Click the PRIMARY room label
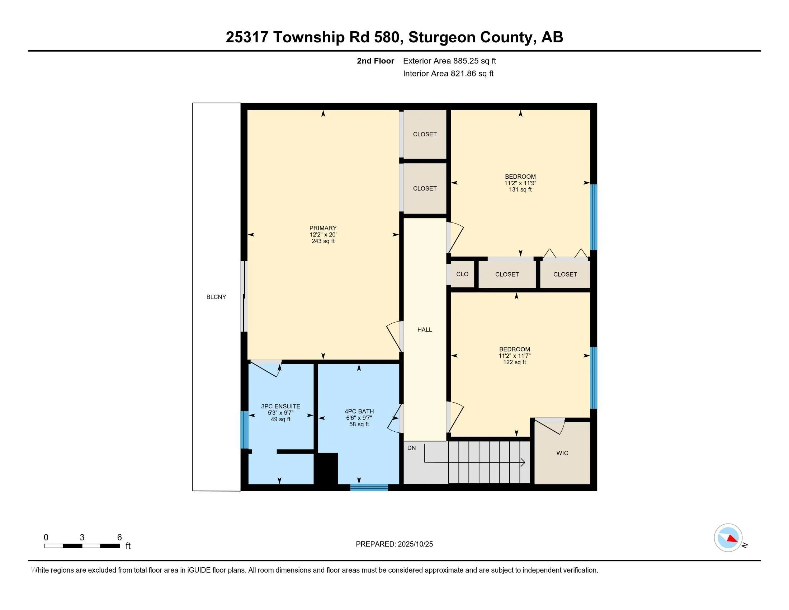323,228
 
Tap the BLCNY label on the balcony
216,297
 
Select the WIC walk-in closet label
562,453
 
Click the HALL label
425,329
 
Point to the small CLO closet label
462,274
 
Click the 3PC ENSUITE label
280,406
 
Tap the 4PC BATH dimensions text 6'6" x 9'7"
359,418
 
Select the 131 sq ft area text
520,190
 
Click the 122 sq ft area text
514,362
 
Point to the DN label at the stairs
411,448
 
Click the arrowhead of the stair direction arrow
523,462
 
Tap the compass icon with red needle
728,538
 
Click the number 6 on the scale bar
119,538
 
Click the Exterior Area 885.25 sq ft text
449,61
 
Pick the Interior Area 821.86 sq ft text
448,74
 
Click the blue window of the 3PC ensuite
245,430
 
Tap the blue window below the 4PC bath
369,488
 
